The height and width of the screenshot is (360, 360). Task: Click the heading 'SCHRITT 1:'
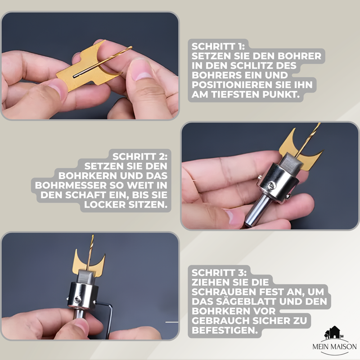point(218,46)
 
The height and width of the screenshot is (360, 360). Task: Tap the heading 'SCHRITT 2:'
point(140,157)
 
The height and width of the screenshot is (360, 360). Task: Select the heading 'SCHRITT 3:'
point(219,273)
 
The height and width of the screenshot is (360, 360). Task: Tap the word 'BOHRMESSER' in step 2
point(71,185)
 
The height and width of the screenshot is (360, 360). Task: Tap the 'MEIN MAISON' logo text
point(334,346)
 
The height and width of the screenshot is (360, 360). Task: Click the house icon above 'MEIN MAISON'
point(333,333)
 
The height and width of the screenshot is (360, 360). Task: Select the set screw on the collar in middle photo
point(272,185)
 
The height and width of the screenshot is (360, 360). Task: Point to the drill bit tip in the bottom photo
point(93,235)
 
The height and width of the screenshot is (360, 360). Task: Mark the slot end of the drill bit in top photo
point(74,76)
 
